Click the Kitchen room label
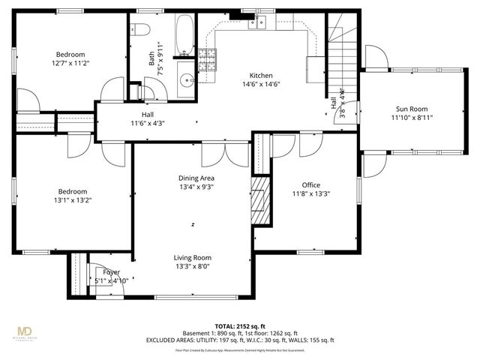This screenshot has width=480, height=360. [260, 75]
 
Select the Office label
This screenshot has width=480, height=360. [310, 184]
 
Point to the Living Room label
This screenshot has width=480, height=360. [193, 257]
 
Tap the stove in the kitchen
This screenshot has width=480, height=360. [207, 60]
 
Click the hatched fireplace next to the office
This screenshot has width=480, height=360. [259, 200]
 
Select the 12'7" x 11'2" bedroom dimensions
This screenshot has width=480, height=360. [70, 64]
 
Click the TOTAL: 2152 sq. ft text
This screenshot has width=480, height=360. [240, 326]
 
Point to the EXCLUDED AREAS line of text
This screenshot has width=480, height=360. [240, 340]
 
